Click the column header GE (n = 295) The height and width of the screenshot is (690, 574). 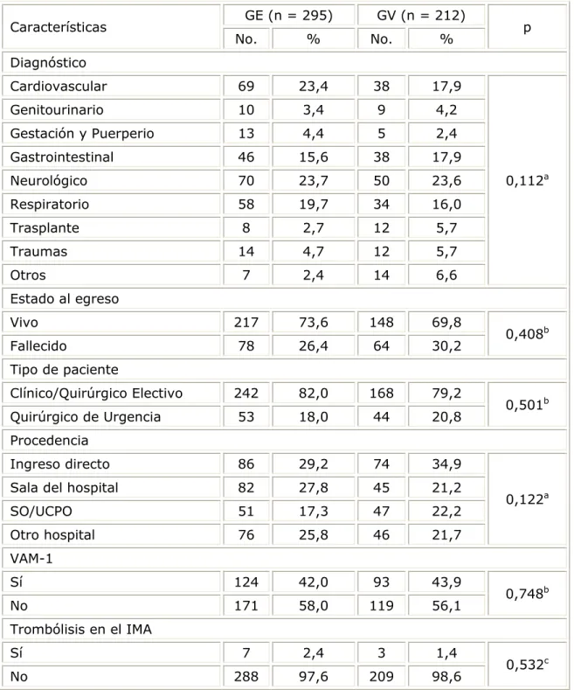pyautogui.click(x=289, y=16)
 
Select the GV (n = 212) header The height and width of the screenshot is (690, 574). pyautogui.click(x=421, y=16)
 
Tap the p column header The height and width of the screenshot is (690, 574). pyautogui.click(x=527, y=28)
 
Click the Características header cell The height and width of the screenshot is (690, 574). pyautogui.click(x=58, y=27)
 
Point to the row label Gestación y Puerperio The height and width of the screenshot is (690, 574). pyautogui.click(x=82, y=133)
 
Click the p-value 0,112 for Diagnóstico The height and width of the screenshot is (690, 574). pyautogui.click(x=527, y=180)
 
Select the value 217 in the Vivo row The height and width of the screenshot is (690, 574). pyautogui.click(x=246, y=323)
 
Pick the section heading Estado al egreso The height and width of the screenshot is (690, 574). pyautogui.click(x=65, y=299)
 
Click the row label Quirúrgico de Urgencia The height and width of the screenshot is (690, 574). pyautogui.click(x=86, y=417)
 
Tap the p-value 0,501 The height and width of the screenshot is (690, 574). pyautogui.click(x=527, y=405)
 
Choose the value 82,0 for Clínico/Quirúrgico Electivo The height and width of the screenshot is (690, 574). pyautogui.click(x=314, y=394)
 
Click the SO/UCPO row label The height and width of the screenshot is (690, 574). pyautogui.click(x=41, y=512)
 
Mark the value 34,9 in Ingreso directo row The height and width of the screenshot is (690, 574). pyautogui.click(x=446, y=464)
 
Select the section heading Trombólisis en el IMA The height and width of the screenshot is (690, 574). pyautogui.click(x=81, y=630)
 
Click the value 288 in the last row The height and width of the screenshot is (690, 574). pyautogui.click(x=246, y=677)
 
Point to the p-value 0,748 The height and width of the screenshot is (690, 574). pyautogui.click(x=527, y=594)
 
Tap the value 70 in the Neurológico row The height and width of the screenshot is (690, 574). pyautogui.click(x=246, y=181)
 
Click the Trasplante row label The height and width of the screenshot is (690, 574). pyautogui.click(x=45, y=228)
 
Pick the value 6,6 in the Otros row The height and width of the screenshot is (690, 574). pyautogui.click(x=446, y=275)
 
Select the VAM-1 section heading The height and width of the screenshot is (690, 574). pyautogui.click(x=31, y=559)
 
